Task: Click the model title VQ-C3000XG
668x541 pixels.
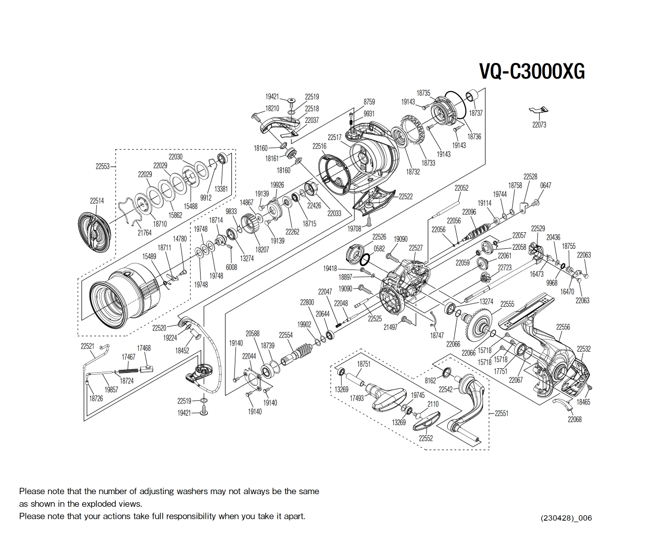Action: tap(532, 71)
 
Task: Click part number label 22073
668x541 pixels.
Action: tap(539, 124)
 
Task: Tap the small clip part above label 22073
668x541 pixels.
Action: tap(538, 110)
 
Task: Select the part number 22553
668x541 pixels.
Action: tap(102, 166)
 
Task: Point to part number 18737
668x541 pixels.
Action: tap(475, 113)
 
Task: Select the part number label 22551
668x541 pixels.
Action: tap(501, 413)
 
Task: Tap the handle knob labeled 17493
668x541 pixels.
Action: tap(387, 398)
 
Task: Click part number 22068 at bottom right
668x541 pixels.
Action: tap(574, 419)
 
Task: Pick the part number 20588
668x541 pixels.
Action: tap(252, 333)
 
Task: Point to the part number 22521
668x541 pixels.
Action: tap(87, 346)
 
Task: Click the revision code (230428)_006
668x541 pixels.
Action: tap(566, 518)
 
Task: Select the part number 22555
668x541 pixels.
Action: tap(507, 304)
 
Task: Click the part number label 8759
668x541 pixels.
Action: tap(369, 102)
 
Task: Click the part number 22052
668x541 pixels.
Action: tap(461, 188)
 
